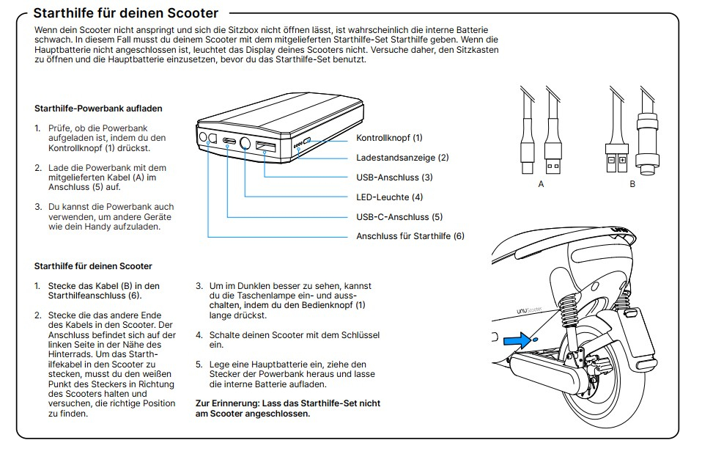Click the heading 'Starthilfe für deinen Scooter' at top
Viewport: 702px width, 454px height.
[x=126, y=13]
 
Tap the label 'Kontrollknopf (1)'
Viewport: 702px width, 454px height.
[x=389, y=138]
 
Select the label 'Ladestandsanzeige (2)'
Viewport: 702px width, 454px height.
[x=402, y=158]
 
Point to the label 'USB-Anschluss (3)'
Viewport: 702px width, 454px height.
[x=394, y=177]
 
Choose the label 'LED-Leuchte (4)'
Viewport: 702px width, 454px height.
[x=389, y=197]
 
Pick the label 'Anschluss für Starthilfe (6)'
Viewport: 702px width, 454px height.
[x=410, y=236]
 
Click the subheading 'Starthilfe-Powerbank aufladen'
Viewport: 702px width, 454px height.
[x=98, y=109]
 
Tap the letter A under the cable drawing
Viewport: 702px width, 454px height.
[x=541, y=184]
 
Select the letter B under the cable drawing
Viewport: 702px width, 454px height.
[x=632, y=184]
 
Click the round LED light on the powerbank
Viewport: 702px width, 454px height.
[x=245, y=144]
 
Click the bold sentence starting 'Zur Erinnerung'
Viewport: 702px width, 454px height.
[x=288, y=409]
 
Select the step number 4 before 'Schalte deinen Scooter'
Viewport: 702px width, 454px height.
[x=199, y=334]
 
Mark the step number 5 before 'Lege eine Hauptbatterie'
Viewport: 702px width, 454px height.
[x=199, y=365]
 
